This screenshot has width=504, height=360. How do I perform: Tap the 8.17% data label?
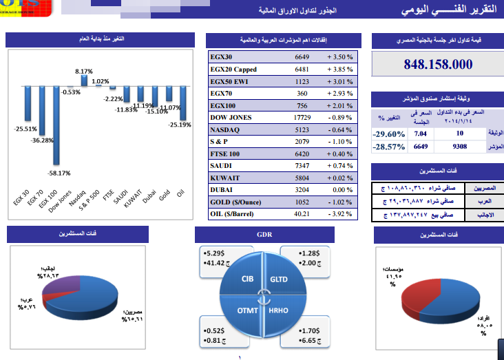coord(83,72)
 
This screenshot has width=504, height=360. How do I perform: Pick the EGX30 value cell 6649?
coord(302,57)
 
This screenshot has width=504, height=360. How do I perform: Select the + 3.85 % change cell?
coord(339,70)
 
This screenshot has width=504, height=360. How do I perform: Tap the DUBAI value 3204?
coord(302,189)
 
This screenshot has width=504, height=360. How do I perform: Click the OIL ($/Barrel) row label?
coord(234,213)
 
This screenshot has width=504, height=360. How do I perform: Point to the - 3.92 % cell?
coord(339,213)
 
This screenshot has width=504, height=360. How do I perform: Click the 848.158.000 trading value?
coord(438,65)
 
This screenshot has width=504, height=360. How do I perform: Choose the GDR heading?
coord(264,235)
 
